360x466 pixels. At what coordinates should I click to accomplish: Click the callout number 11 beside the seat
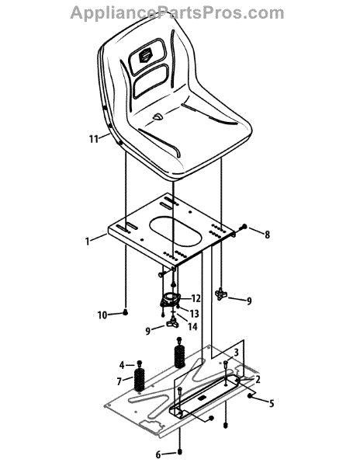[x=93, y=139]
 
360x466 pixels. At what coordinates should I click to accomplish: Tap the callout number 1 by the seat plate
[x=87, y=241]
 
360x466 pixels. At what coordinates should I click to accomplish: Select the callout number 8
[x=268, y=235]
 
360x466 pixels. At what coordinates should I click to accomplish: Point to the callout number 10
[x=102, y=315]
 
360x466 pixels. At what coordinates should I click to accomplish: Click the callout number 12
[x=196, y=298]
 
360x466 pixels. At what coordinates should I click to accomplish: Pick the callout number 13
[x=194, y=313]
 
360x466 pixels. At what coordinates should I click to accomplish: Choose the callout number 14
[x=192, y=326]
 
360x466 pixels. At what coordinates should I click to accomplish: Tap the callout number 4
[x=122, y=364]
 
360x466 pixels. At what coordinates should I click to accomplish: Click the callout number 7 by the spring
[x=119, y=381]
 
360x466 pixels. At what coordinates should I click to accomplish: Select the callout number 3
[x=236, y=353]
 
